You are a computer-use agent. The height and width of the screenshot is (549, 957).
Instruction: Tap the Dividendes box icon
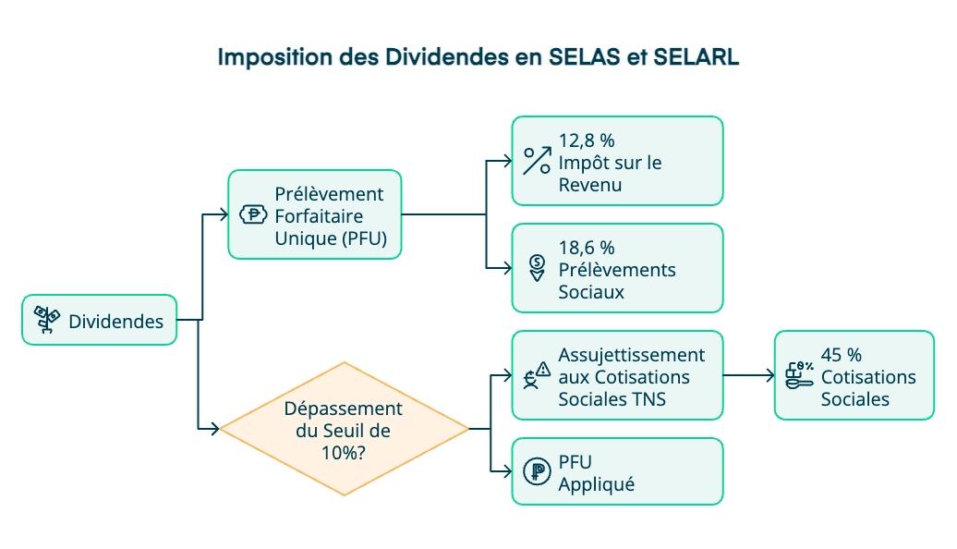[x=47, y=320]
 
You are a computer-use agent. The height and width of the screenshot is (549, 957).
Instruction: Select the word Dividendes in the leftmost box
[x=115, y=322]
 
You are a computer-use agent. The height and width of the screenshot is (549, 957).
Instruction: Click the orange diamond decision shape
[x=344, y=429]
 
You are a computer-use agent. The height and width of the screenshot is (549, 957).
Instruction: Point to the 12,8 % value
[x=587, y=140]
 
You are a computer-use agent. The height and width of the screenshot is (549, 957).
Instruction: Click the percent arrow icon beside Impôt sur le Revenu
[x=537, y=161]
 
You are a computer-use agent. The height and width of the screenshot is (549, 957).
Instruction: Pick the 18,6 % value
[x=587, y=248]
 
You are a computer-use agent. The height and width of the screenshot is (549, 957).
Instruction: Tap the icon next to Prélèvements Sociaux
[x=537, y=268]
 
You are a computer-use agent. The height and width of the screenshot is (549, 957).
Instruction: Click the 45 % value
[x=841, y=354]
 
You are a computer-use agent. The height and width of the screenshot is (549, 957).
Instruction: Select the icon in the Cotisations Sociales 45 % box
[x=799, y=374]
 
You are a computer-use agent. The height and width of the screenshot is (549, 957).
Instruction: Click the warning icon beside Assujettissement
[x=537, y=375]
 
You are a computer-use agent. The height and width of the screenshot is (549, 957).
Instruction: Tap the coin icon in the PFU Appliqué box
[x=536, y=471]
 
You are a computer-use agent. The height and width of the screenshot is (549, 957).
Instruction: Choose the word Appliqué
[x=597, y=484]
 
